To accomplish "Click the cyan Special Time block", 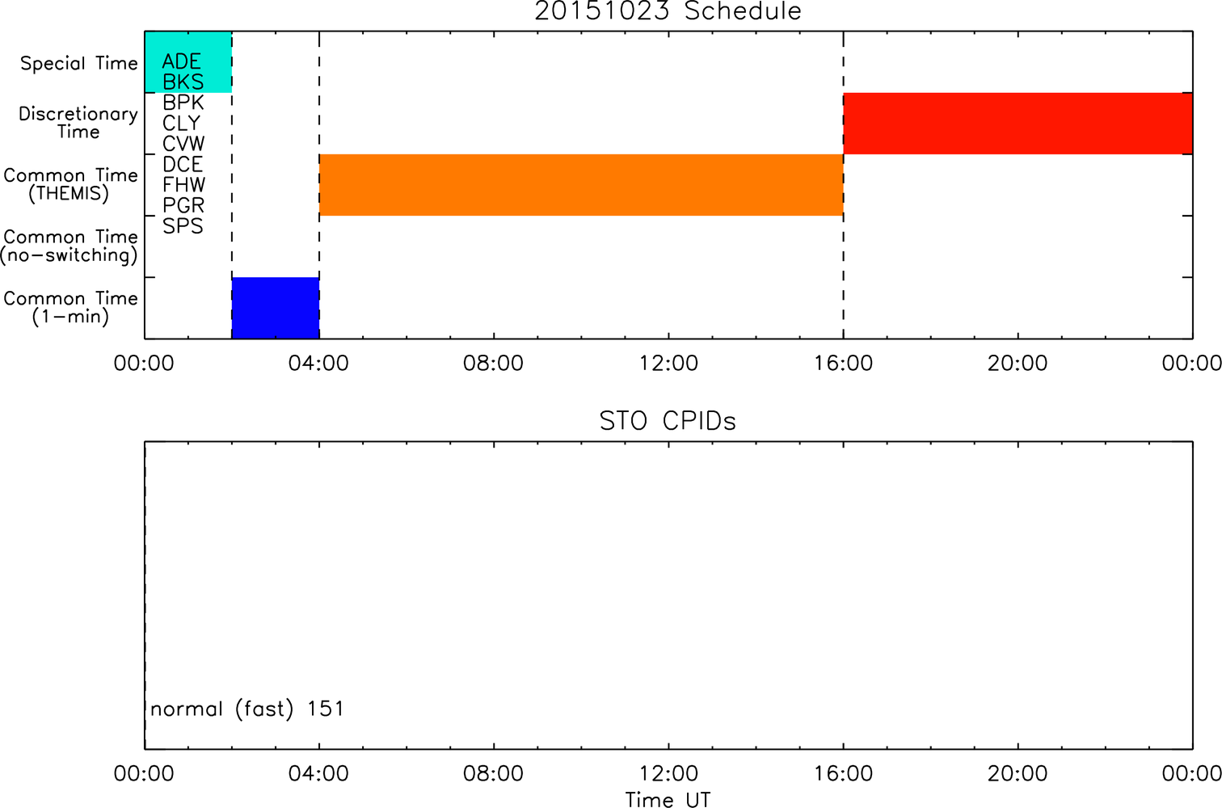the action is tap(188, 62).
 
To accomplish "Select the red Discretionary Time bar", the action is tap(1018, 124).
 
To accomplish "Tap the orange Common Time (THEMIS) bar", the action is tap(582, 185).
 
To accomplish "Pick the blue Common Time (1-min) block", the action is tap(276, 308).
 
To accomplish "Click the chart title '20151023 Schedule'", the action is tap(668, 11).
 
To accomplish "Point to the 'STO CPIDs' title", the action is tap(668, 421).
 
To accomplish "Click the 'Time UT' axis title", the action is tap(668, 800).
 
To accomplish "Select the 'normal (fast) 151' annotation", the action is tap(247, 709).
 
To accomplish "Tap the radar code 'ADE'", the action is tap(182, 61).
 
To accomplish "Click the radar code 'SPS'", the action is tap(183, 226).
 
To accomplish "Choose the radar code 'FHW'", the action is tap(183, 185).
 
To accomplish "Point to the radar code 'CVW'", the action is tap(183, 144).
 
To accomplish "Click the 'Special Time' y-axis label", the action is tap(79, 63).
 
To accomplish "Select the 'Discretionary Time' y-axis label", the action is tap(78, 123).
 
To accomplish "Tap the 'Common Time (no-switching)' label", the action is tap(69, 246).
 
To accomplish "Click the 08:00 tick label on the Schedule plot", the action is tap(493, 364).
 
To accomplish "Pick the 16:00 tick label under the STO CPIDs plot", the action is tap(844, 773).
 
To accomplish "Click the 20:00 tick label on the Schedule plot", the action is tap(1018, 364).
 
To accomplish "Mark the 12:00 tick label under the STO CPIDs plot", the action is tap(668, 773).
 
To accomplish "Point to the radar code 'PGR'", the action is tap(183, 205).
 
